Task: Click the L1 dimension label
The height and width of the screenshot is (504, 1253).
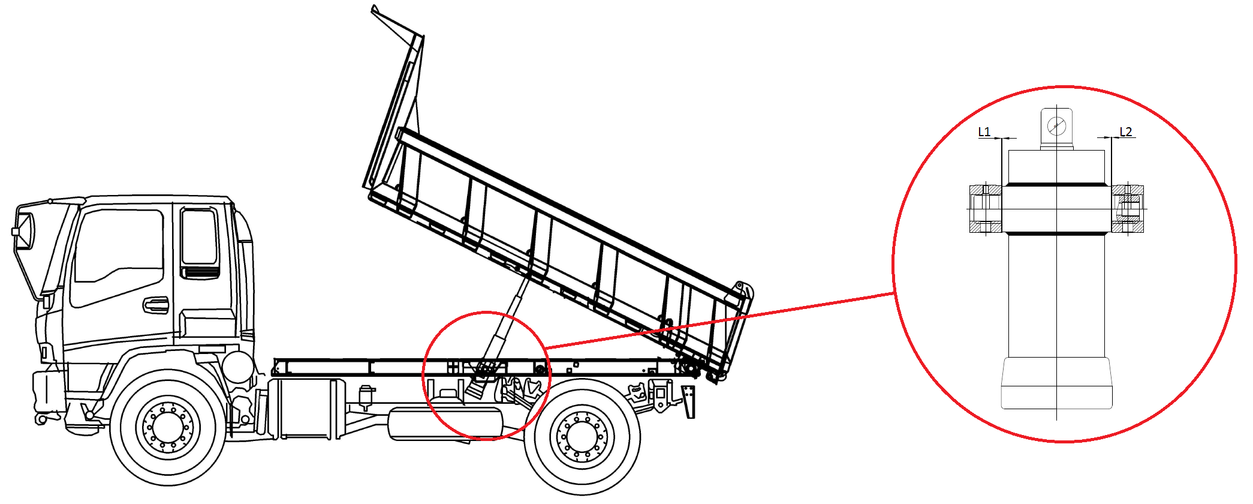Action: pos(984,131)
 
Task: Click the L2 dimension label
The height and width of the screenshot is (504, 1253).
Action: pos(1126,131)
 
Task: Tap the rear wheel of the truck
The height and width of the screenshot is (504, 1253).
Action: pos(582,436)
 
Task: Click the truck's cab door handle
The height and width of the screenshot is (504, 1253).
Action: pos(156,305)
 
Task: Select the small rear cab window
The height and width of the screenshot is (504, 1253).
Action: pos(199,236)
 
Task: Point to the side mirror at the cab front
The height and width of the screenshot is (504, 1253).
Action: pos(25,231)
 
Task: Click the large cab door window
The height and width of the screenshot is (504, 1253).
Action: pos(118,255)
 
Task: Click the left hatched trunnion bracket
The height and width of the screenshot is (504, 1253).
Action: pos(986,209)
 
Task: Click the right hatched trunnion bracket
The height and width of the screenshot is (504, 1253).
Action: pos(1128,209)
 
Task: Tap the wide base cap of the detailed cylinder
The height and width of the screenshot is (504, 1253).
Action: pos(1056,383)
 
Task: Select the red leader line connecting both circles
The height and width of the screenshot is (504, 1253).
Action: pos(719,320)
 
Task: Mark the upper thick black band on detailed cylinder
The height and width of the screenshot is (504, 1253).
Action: pos(1056,184)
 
